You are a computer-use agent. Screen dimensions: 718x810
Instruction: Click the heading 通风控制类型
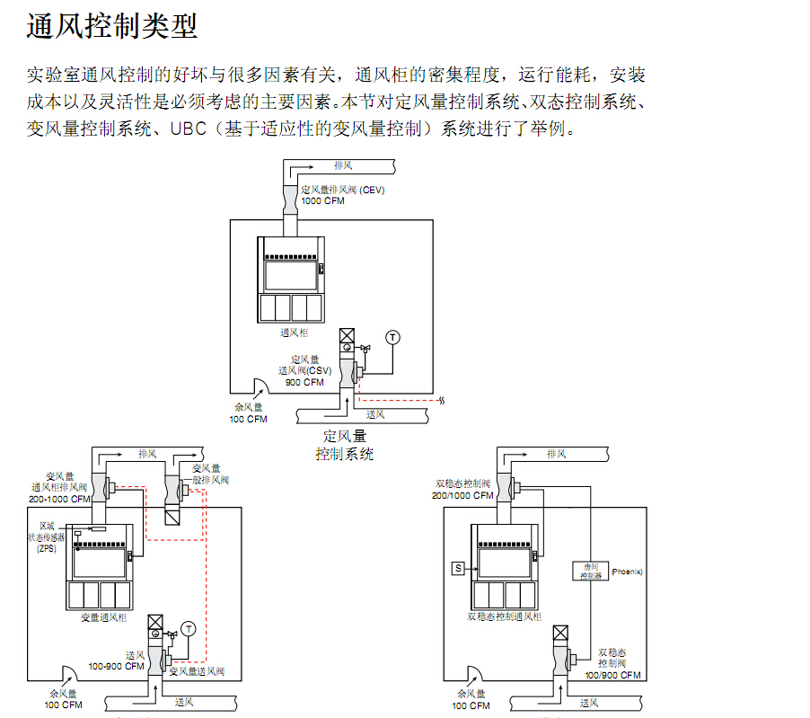111,26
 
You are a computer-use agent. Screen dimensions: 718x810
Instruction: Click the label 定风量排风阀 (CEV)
340,190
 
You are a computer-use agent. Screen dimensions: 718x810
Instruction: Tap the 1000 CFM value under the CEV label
321,201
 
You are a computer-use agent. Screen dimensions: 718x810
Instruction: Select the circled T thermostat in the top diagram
392,337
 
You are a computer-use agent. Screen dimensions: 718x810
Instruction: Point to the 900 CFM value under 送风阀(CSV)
304,382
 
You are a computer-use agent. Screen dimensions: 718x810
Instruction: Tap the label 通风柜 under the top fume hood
294,332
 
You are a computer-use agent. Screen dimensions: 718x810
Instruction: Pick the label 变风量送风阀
198,671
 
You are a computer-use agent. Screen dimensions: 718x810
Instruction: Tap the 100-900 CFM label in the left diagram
117,666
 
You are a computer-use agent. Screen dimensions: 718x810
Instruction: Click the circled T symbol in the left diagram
188,627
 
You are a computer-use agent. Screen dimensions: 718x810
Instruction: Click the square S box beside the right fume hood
459,568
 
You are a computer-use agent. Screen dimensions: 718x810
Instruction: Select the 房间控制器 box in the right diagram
589,572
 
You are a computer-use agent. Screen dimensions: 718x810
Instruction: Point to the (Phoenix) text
627,572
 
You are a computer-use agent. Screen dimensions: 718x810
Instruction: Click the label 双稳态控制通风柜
505,617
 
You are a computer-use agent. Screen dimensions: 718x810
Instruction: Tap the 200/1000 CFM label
462,495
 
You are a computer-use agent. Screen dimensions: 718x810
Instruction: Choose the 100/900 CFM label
613,675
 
